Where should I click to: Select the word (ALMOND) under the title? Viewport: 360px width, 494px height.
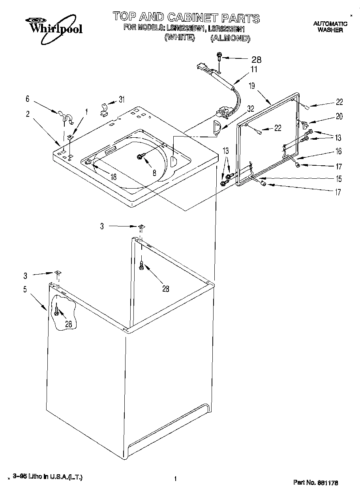[x=230, y=38]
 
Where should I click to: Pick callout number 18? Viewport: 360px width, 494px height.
[x=113, y=177]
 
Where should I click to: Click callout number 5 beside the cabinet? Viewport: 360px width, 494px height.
[x=25, y=290]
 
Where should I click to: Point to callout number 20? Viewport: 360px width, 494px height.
[x=339, y=116]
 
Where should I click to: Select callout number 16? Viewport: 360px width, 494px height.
[x=339, y=151]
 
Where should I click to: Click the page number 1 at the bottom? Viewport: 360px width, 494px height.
[x=174, y=479]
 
